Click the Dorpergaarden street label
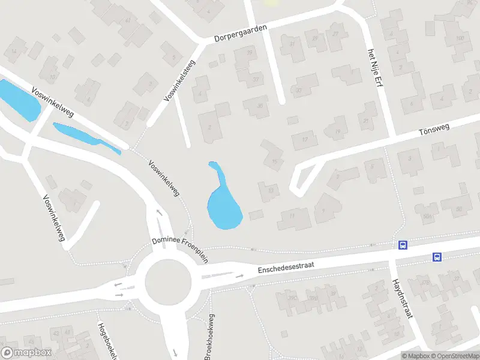[240, 31]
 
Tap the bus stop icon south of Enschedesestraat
[437, 257]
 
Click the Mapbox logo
[26, 353]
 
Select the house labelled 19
[338, 131]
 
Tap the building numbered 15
[275, 160]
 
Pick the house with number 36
[260, 106]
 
